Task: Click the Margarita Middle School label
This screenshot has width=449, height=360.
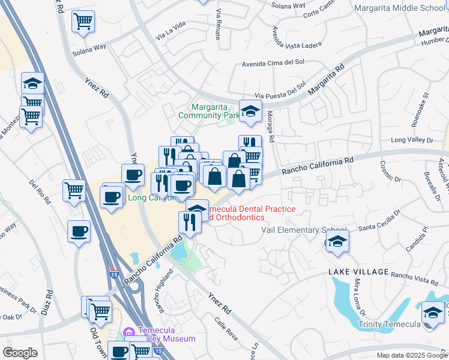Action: click(x=401, y=8)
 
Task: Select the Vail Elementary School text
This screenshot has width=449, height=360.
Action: click(x=304, y=230)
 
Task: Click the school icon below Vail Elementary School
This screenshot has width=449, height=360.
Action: click(x=337, y=242)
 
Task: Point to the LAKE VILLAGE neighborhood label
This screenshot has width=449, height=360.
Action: click(x=358, y=272)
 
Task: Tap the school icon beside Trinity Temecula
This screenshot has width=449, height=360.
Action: click(x=433, y=313)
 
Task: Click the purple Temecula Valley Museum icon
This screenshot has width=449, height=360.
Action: click(x=128, y=332)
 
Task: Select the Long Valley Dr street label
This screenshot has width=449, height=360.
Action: click(x=412, y=140)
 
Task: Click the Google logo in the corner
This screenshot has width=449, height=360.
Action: click(x=20, y=353)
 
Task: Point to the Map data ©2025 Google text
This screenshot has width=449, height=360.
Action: click(x=412, y=355)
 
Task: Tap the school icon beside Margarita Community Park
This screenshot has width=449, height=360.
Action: click(x=250, y=110)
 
